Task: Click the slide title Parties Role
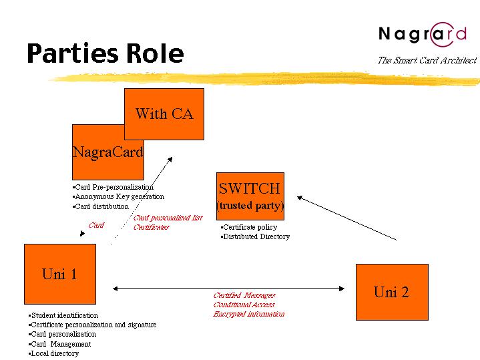(105, 53)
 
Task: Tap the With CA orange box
(164, 114)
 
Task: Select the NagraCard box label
(107, 152)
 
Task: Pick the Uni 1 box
(59, 274)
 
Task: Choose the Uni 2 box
(391, 292)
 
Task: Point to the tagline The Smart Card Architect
(427, 60)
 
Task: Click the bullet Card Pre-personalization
(113, 187)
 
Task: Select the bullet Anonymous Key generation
(118, 196)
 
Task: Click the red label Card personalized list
(168, 218)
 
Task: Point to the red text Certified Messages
(244, 295)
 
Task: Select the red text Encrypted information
(249, 314)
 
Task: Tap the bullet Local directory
(54, 353)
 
